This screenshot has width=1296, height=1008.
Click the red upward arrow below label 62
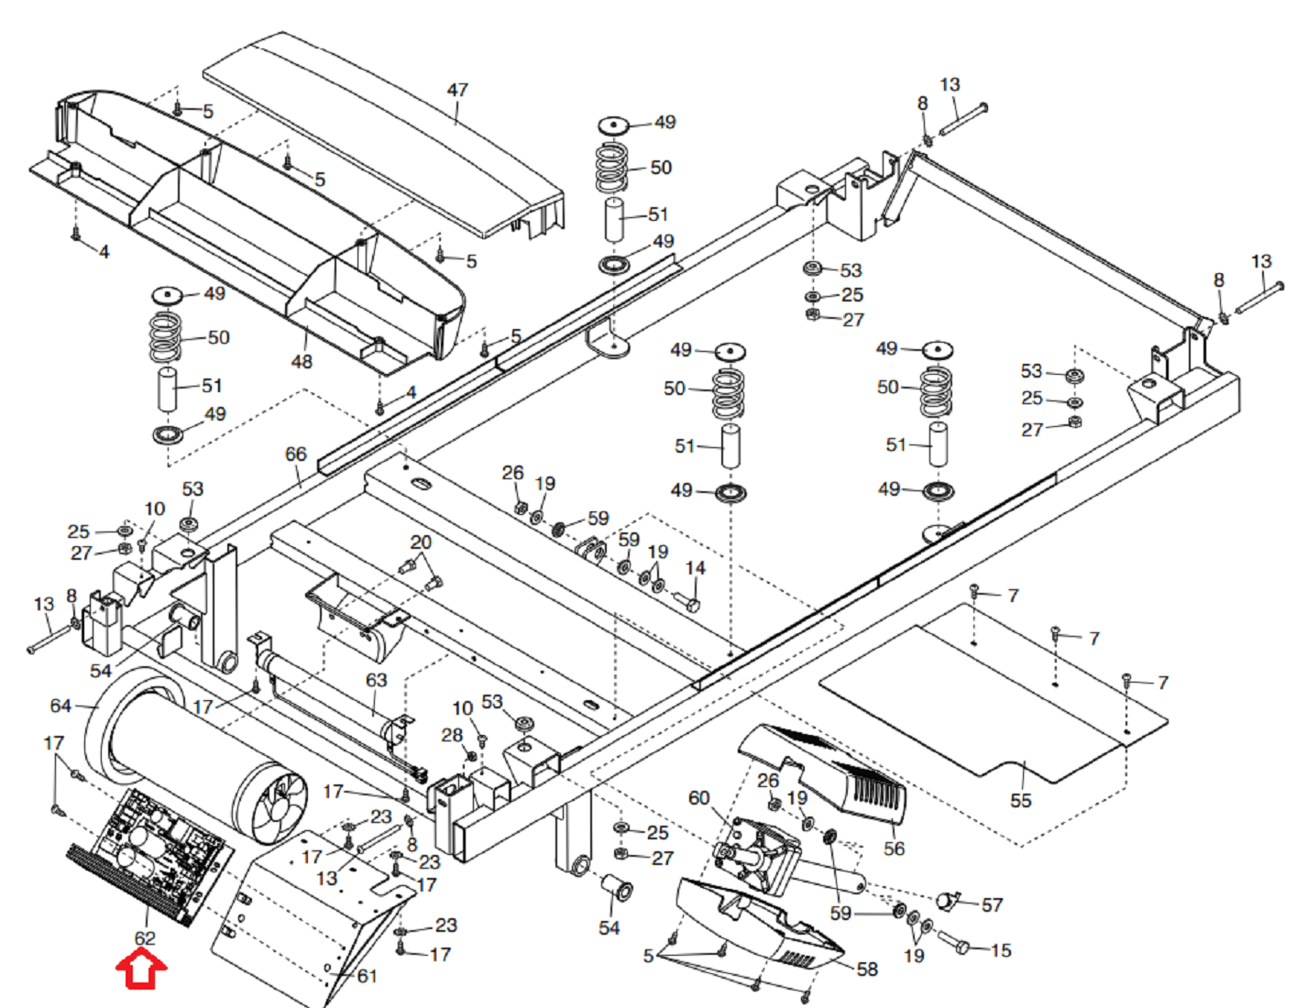point(141,970)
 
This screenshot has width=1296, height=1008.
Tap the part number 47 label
point(457,90)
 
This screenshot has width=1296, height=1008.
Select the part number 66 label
point(295,455)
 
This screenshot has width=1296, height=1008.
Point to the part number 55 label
point(1020,800)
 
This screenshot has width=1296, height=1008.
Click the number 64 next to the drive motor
point(60,706)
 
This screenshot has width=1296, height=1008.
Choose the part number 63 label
point(376,680)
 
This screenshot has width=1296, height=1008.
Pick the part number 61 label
point(367,976)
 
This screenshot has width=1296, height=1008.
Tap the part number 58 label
point(866,969)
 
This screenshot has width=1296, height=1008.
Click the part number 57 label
point(992,904)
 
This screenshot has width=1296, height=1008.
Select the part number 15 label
point(1001,950)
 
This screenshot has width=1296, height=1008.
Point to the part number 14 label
point(696,568)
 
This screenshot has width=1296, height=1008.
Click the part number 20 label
point(421,542)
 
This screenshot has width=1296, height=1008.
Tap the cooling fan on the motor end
point(280,806)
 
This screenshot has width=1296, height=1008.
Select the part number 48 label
point(302,361)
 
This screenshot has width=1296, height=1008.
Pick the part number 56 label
point(894,849)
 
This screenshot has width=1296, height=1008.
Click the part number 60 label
point(698,798)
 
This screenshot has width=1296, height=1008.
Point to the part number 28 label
point(452,735)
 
